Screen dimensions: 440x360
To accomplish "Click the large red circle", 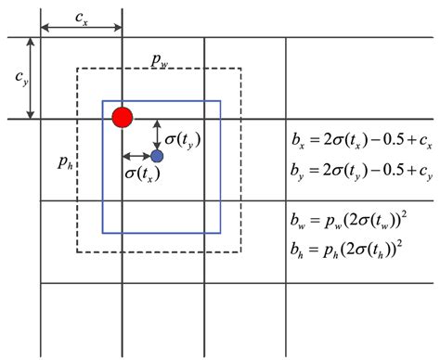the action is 122,118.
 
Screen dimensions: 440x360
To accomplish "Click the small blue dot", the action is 156,156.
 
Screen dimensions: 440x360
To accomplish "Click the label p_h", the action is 64,161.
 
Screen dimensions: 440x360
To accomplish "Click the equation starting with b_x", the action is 361,144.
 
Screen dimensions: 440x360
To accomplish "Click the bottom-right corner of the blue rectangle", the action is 220,232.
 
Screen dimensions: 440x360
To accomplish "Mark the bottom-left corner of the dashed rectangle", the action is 76,251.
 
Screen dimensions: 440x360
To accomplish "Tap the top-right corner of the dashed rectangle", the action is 241,68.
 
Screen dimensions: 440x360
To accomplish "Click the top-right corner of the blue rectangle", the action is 220,100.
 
